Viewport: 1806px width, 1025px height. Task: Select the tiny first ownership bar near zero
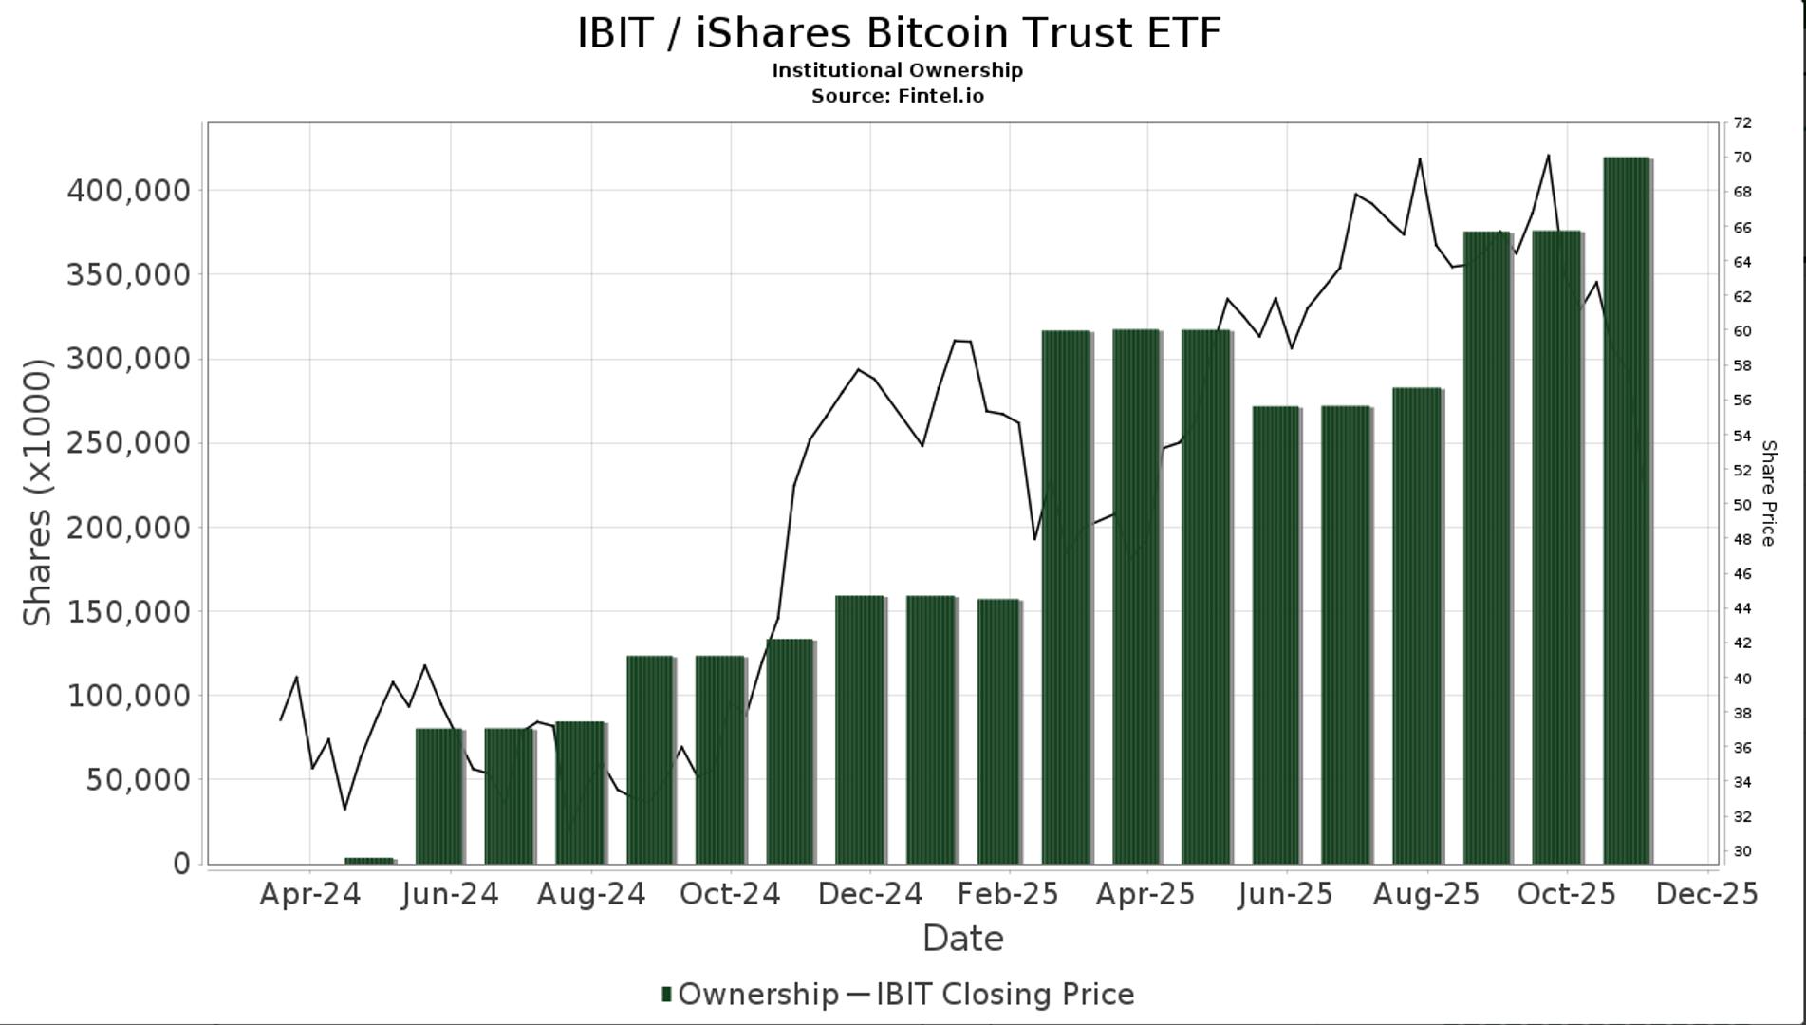tap(369, 860)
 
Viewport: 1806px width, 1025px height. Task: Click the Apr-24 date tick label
tap(310, 894)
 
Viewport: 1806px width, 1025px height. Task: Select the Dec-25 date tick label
tap(1706, 894)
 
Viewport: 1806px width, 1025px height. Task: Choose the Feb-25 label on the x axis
tap(1008, 894)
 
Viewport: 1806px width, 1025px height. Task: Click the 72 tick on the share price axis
tap(1742, 122)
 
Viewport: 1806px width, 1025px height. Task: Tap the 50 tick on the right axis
tap(1742, 505)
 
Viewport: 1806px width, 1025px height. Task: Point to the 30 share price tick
tap(1742, 851)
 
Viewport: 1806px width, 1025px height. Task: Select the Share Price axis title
tap(1768, 494)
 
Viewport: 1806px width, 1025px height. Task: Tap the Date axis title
tap(962, 939)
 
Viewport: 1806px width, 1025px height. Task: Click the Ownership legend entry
tap(750, 995)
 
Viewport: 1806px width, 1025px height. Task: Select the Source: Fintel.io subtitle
tap(898, 96)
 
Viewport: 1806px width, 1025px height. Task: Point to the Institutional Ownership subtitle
tap(898, 70)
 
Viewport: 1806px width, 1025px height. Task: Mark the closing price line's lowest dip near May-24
tap(344, 809)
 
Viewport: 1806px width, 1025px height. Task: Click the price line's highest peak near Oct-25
tap(1548, 156)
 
